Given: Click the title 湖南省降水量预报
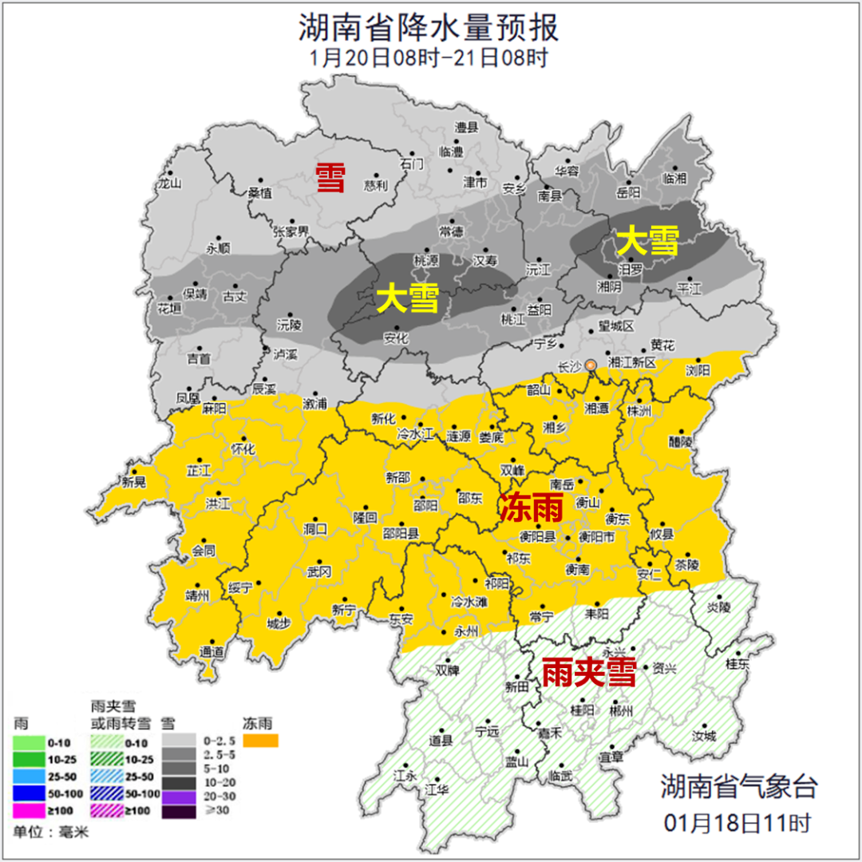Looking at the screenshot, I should pyautogui.click(x=429, y=28).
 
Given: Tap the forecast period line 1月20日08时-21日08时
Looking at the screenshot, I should pyautogui.click(x=429, y=58).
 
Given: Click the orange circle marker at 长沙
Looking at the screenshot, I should pyautogui.click(x=591, y=366).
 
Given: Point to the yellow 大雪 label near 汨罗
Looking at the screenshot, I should pyautogui.click(x=647, y=240).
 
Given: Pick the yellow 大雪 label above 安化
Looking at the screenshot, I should pyautogui.click(x=408, y=299).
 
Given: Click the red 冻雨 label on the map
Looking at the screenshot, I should pyautogui.click(x=532, y=507).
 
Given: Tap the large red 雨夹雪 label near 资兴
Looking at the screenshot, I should pyautogui.click(x=588, y=673).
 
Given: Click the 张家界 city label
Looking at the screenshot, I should pyautogui.click(x=291, y=231).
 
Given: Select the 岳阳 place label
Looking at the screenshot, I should pyautogui.click(x=629, y=192).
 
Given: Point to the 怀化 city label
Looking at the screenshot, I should pyautogui.click(x=242, y=449).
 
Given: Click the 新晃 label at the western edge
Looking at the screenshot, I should pyautogui.click(x=134, y=482).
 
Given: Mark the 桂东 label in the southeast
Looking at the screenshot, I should pyautogui.click(x=737, y=664).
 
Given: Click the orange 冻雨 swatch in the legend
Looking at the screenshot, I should pyautogui.click(x=261, y=741).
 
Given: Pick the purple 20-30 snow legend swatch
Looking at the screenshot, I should pyautogui.click(x=179, y=796).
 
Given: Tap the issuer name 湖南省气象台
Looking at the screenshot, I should pyautogui.click(x=738, y=787).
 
